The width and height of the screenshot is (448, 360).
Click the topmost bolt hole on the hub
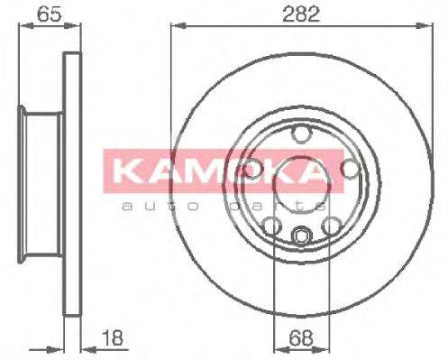[x=298, y=136]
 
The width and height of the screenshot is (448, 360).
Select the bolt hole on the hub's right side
[x=350, y=168]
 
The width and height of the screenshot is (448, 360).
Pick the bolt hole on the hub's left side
[x=253, y=169]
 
